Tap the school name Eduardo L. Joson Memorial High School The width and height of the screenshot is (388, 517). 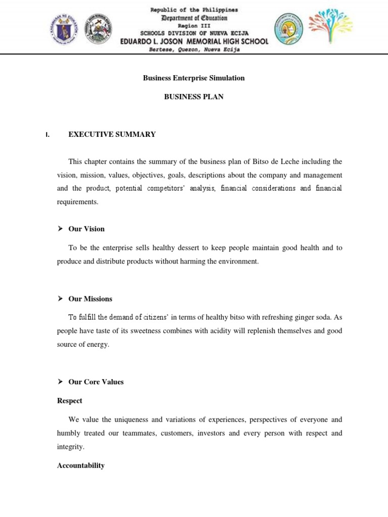coord(194,41)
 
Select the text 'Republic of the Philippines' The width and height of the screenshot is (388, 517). coord(194,10)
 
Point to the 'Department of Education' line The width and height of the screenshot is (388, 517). coord(194,18)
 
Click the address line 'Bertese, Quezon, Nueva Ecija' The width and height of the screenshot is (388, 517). coord(194,49)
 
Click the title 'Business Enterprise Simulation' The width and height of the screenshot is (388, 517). coord(193,78)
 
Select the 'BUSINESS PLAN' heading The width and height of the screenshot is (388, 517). coord(193,96)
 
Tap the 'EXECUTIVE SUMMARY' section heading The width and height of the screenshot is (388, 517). coord(112,134)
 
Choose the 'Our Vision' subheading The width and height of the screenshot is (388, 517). coord(86,229)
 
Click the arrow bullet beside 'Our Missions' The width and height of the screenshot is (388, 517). coord(60,299)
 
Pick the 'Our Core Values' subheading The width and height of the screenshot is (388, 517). coord(96,382)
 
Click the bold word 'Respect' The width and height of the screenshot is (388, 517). coord(70,400)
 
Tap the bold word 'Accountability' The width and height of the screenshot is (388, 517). coord(81,466)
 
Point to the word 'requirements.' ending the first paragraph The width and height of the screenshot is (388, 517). coord(77,201)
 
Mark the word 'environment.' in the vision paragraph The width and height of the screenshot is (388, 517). coord(238,262)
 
